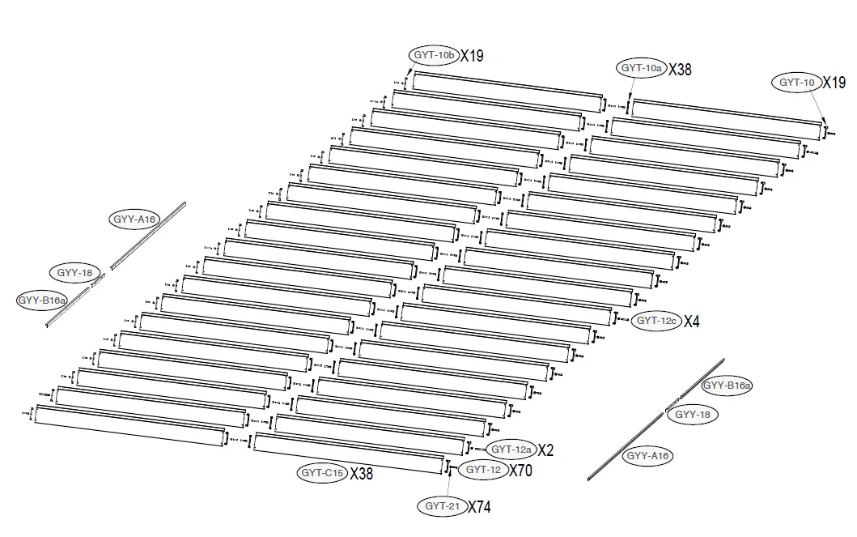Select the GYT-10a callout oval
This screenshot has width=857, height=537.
tap(641, 69)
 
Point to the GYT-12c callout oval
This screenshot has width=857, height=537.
tap(655, 321)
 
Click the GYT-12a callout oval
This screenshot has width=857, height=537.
tap(511, 450)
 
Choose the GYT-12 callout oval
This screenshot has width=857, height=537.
tap(483, 469)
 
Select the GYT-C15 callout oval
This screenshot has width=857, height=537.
tap(322, 473)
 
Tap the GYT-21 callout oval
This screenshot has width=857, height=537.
tap(442, 506)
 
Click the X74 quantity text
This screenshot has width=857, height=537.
tap(479, 507)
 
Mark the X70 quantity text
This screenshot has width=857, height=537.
tap(520, 470)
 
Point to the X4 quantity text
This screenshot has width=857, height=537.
tap(691, 322)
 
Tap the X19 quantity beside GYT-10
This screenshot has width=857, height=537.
tap(834, 83)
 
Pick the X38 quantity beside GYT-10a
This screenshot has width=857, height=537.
tap(680, 70)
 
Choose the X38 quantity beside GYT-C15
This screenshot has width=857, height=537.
tap(362, 474)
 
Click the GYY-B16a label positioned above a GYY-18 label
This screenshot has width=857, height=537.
tap(727, 386)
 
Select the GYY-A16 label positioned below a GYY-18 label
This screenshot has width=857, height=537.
tap(648, 456)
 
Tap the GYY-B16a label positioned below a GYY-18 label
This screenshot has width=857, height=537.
tap(42, 300)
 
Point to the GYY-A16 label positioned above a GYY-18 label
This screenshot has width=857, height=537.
tap(134, 219)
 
